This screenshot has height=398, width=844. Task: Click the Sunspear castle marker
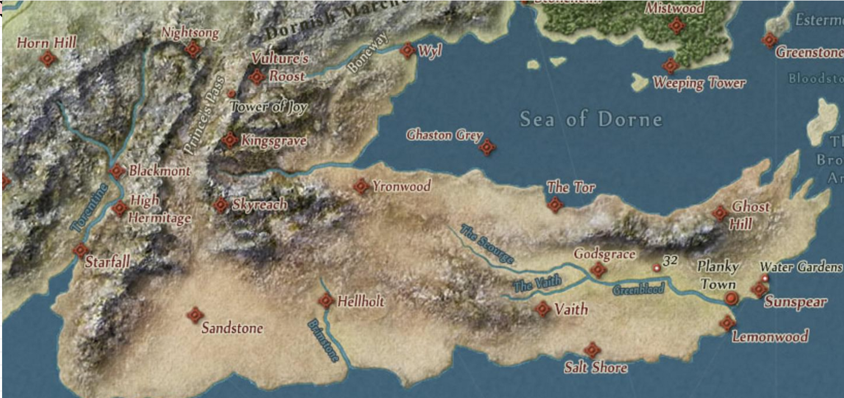coord(759,290)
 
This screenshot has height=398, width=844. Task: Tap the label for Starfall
coord(107,261)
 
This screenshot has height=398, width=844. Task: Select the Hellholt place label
coord(361,301)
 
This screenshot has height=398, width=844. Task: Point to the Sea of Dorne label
coord(591,119)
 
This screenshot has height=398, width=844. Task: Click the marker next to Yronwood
coord(360,186)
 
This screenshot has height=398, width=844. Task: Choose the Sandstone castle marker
coord(195,314)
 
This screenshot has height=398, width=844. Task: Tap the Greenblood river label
coord(638,289)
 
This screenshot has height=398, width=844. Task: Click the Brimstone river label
coord(323,341)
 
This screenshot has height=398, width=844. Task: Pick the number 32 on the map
coord(670,261)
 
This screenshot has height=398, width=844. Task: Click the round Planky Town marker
coord(732,298)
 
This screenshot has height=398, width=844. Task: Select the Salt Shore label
coord(596,367)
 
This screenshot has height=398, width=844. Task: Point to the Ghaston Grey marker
coord(487,147)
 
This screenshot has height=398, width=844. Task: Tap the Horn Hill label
coord(46,43)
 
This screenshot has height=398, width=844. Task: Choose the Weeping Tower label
coord(699,83)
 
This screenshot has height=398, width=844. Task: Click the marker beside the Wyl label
coord(407,50)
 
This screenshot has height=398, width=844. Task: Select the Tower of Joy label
coord(269,107)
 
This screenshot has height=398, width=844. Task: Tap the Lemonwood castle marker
coord(727,323)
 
